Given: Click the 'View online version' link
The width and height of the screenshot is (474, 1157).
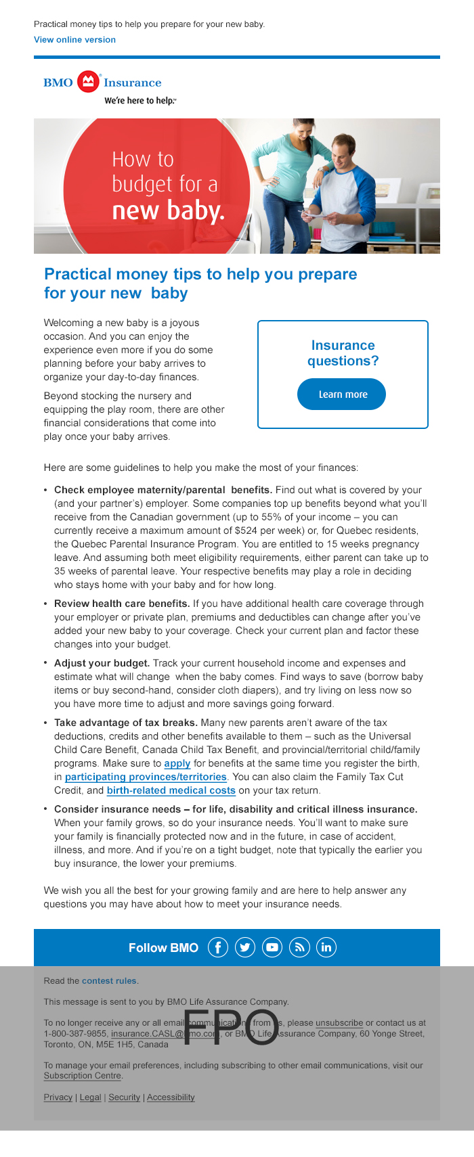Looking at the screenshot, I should click(74, 40).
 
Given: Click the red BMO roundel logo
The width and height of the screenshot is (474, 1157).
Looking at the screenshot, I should click(88, 82).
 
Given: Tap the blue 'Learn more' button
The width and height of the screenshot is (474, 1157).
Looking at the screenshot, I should click(341, 394).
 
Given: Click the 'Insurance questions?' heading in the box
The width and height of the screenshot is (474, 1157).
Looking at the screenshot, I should click(343, 353).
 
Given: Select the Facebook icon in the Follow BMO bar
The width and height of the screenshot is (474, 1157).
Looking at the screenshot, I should click(217, 947).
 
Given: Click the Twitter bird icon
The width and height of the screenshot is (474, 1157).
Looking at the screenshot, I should click(244, 947).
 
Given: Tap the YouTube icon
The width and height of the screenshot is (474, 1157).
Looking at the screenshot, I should click(272, 947).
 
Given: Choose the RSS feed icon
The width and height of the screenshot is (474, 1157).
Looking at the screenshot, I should click(299, 947).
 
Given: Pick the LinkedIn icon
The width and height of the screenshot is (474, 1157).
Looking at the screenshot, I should click(326, 947).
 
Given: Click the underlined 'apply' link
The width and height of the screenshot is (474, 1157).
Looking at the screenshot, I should click(177, 763).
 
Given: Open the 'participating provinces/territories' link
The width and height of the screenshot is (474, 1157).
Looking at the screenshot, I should click(146, 777).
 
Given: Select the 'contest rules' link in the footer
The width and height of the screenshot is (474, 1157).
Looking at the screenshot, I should click(109, 980).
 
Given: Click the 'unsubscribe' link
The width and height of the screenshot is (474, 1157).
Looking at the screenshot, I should click(339, 1023).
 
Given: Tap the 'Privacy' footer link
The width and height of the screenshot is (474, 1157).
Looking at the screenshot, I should click(58, 1097).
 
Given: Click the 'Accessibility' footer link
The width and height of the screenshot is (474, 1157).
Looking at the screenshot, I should click(171, 1097).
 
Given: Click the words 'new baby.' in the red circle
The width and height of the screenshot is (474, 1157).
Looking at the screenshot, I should click(168, 211).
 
